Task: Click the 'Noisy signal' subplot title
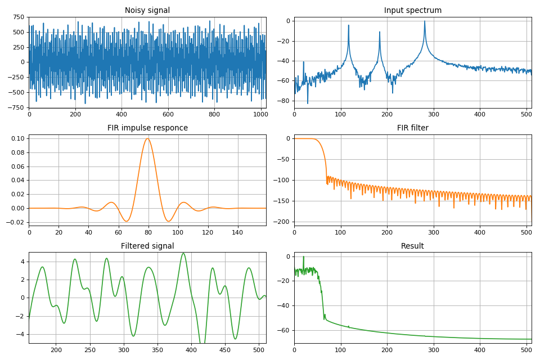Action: pyautogui.click(x=147, y=10)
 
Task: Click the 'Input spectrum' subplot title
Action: pyautogui.click(x=412, y=10)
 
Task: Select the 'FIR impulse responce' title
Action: pyautogui.click(x=147, y=128)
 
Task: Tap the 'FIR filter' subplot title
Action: pyautogui.click(x=412, y=128)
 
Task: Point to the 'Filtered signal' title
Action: pyautogui.click(x=147, y=246)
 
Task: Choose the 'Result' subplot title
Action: pyautogui.click(x=412, y=246)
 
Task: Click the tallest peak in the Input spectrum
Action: pyautogui.click(x=425, y=21)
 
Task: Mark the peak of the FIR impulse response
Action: pyautogui.click(x=148, y=138)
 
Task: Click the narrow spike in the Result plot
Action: pyautogui.click(x=304, y=257)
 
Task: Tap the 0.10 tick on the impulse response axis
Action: pyautogui.click(x=17, y=138)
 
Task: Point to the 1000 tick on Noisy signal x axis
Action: pyautogui.click(x=261, y=114)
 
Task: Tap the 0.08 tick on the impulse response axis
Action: pyautogui.click(x=17, y=152)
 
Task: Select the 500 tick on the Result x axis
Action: pyautogui.click(x=526, y=349)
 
